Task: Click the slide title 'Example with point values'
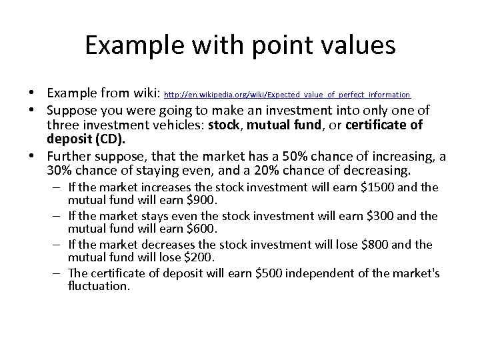coord(240,45)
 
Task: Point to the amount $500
coord(266,273)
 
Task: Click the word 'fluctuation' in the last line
coord(99,285)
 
